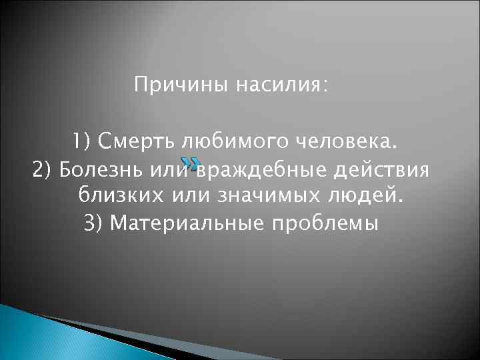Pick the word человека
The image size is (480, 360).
[x=314, y=142]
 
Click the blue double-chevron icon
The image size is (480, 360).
[x=190, y=164]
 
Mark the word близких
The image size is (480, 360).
[x=121, y=197]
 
